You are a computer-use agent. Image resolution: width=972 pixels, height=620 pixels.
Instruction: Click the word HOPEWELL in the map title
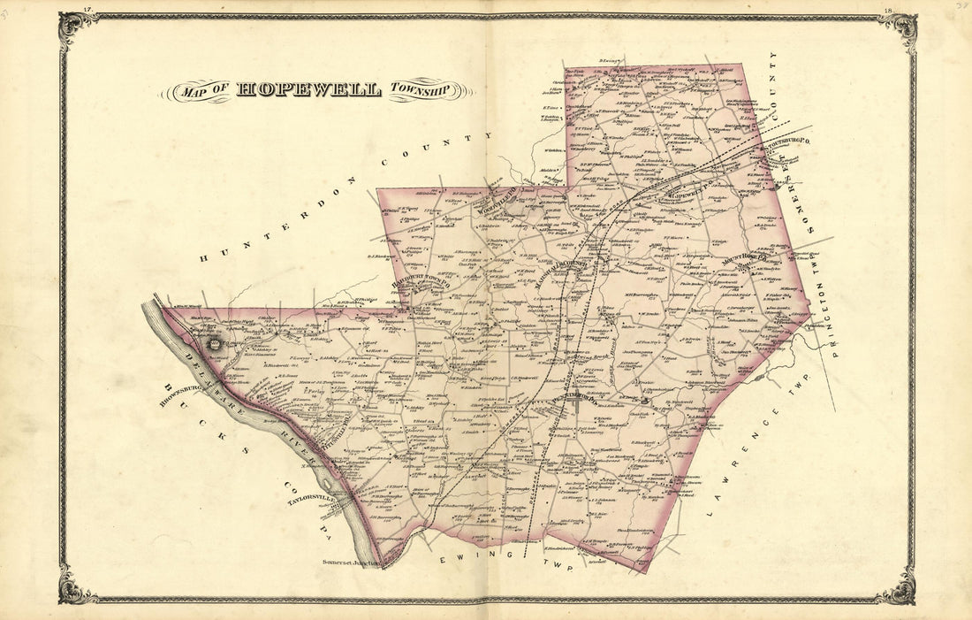[308, 90]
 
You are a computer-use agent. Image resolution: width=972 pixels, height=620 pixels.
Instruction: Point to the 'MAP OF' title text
[202, 90]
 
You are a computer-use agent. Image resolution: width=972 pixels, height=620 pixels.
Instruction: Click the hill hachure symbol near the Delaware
[211, 339]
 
